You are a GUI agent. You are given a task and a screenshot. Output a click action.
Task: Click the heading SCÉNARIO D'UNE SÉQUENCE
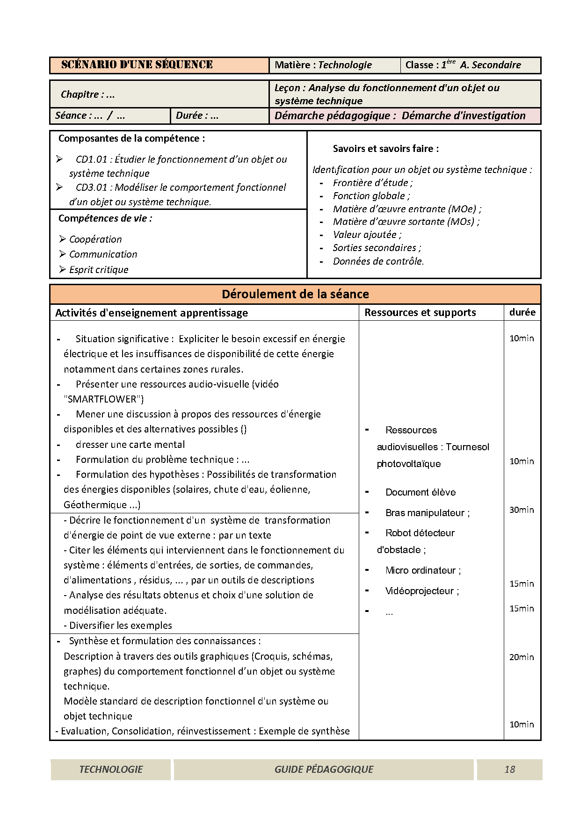coord(137,65)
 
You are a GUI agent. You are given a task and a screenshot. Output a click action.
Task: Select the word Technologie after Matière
coord(345,65)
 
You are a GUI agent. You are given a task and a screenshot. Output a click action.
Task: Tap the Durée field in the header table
coord(197,115)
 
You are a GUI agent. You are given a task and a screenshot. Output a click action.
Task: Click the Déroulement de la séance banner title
coord(295,294)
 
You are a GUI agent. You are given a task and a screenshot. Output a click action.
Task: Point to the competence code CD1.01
coord(92,159)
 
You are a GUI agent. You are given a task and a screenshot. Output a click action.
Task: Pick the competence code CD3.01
coord(92,187)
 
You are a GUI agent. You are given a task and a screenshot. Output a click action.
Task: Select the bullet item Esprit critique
coord(98,270)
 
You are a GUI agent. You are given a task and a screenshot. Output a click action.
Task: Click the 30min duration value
coord(522,510)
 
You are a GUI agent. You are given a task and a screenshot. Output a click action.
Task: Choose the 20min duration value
coord(522,657)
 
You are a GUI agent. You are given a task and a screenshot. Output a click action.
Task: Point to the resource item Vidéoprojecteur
coord(421,591)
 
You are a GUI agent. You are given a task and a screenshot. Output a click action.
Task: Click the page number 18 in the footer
coord(509,769)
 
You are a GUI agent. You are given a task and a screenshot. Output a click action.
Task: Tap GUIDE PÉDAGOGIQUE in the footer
coord(324,769)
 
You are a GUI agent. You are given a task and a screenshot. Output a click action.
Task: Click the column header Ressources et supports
coord(420,312)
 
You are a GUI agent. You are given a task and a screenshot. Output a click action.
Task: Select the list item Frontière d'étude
coord(372,183)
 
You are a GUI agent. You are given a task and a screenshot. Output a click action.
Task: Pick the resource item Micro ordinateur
coord(422,570)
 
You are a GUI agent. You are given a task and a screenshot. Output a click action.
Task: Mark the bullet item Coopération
coord(95,239)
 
